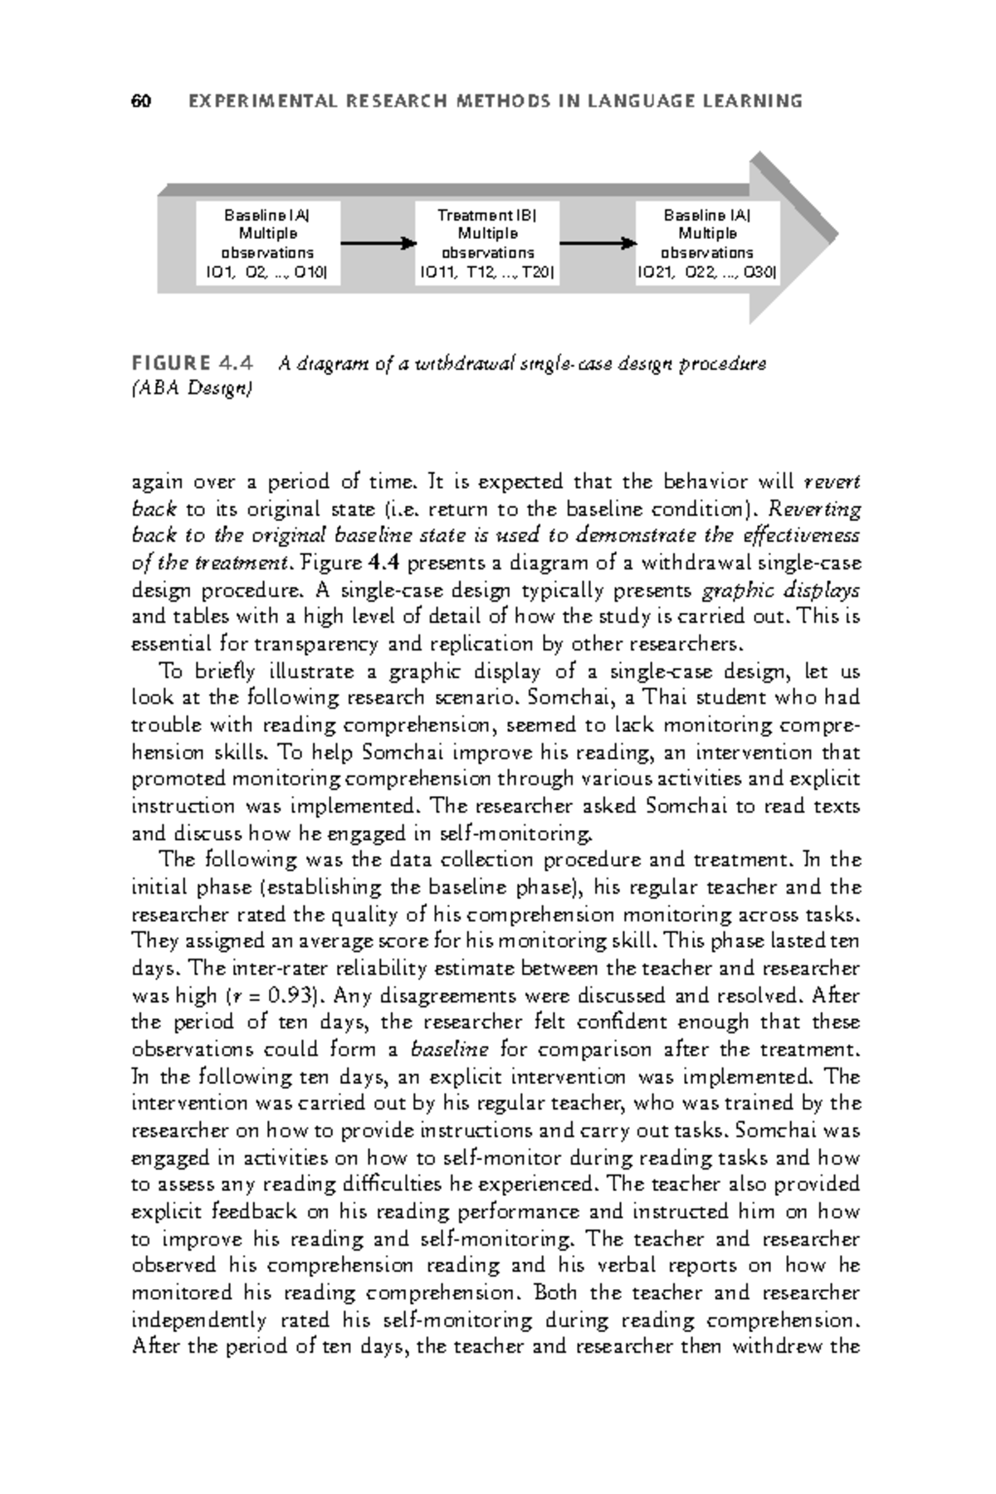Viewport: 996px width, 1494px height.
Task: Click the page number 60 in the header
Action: coord(140,102)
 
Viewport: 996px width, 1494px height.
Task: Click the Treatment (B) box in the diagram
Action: coord(487,243)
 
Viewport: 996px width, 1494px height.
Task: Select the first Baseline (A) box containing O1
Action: coord(267,243)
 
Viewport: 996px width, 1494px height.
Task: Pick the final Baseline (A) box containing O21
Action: coord(707,243)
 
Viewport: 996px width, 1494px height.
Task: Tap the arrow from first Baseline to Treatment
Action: coord(378,243)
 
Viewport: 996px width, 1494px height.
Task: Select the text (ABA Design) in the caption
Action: coord(192,388)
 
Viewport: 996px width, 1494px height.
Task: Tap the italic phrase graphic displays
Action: coord(780,591)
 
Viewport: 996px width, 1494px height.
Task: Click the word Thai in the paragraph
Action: coord(660,699)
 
